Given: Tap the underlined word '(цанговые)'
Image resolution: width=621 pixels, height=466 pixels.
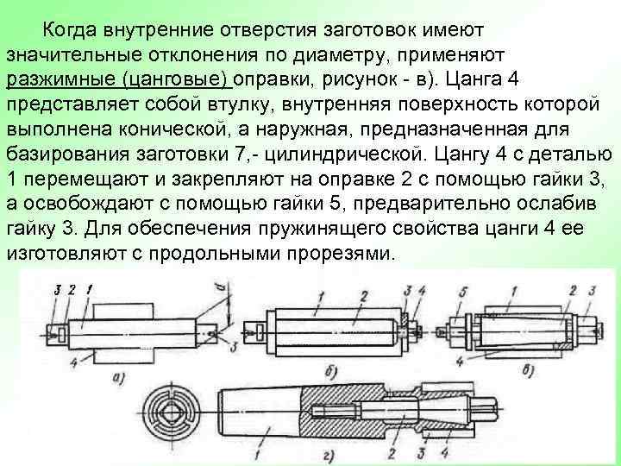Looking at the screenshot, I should [x=175, y=79].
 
